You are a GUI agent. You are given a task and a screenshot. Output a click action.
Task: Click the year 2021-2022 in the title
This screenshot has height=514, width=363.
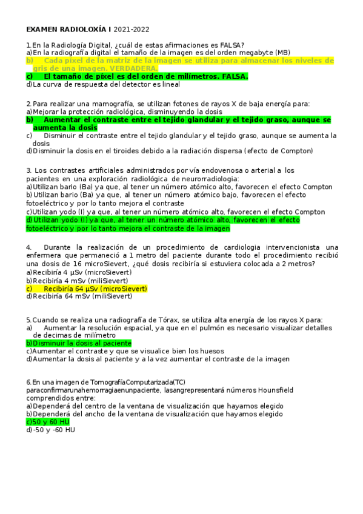(132, 29)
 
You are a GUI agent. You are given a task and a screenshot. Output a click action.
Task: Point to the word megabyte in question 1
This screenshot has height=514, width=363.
(250, 53)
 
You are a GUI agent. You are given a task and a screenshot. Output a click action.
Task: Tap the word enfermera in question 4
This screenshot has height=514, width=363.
(48, 256)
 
